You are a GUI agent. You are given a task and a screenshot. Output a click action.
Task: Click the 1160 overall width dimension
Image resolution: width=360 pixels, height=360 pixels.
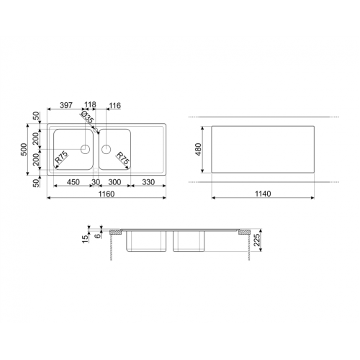pyautogui.click(x=107, y=194)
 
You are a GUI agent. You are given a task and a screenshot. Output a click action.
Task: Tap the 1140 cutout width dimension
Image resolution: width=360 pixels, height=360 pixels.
pyautogui.click(x=263, y=194)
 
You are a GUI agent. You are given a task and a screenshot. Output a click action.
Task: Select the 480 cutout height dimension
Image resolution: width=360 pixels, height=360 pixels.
pyautogui.click(x=199, y=149)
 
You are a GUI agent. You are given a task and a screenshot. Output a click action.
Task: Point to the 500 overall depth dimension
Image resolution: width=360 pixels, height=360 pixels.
pyautogui.click(x=24, y=149)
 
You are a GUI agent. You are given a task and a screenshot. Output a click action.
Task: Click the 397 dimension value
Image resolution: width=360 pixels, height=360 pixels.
pyautogui.click(x=66, y=105)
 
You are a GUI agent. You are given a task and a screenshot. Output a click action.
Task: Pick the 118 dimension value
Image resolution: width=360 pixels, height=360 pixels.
pyautogui.click(x=90, y=104)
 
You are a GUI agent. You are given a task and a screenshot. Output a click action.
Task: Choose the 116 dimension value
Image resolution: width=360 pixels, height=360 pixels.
pyautogui.click(x=115, y=105)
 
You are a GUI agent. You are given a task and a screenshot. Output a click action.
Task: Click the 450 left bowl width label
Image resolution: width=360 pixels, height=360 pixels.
pyautogui.click(x=73, y=182)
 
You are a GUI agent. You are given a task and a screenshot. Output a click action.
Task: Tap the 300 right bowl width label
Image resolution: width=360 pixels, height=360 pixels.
pyautogui.click(x=114, y=182)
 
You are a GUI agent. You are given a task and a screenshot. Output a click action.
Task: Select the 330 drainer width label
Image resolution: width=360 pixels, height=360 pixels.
pyautogui.click(x=148, y=182)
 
